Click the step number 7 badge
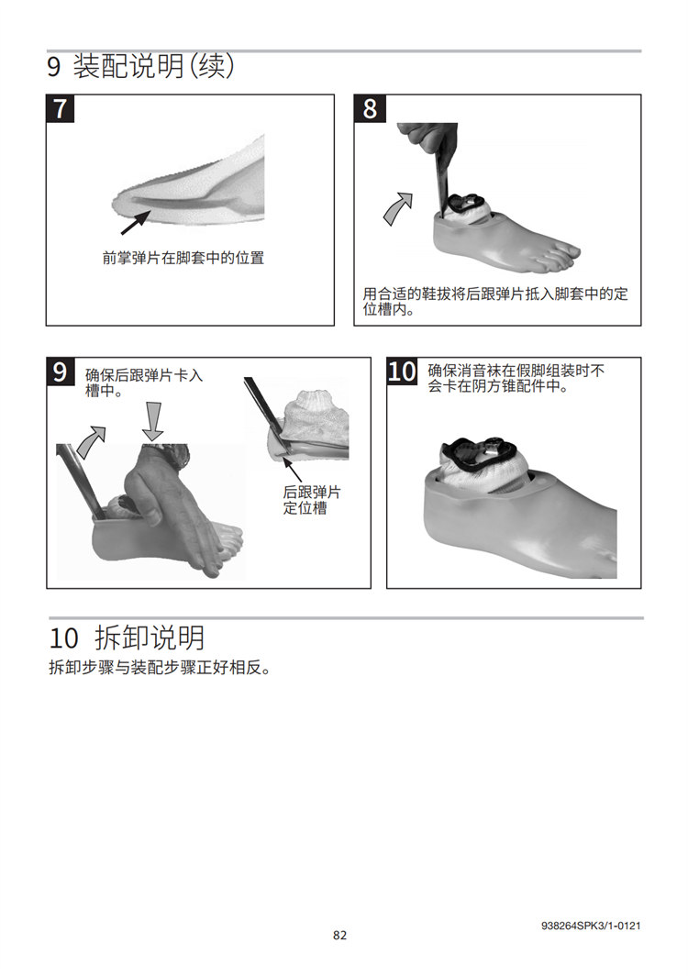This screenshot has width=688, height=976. coord(61,108)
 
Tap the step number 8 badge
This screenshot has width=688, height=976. coord(370,108)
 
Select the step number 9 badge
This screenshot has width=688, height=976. coord(61,372)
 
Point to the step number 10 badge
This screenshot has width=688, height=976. coord(402,372)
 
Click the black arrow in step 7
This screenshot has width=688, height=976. coord(135,223)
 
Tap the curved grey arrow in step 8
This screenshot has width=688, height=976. coord(398,208)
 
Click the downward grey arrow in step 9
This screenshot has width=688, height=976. coord(152,421)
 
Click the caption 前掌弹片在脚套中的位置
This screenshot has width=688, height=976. coord(183,258)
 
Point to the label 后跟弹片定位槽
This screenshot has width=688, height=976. coord(312,500)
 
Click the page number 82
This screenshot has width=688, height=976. coord(339,935)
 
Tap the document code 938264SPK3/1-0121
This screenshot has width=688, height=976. coord(590,926)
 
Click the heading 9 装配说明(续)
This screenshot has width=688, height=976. coord(141,66)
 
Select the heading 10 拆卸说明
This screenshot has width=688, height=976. coord(127,638)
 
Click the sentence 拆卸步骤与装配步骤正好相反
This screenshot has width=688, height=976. coord(160,668)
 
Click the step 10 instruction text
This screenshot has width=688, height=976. coord(516,379)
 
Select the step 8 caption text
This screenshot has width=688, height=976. coord(495,301)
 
